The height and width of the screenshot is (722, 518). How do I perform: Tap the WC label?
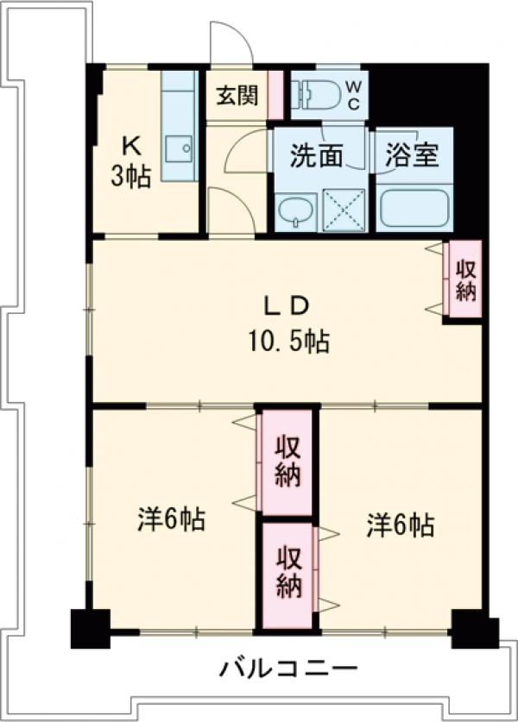pyautogui.click(x=354, y=93)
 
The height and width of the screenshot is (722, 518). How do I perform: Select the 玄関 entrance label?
pyautogui.click(x=237, y=95)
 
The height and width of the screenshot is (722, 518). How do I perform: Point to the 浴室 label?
pyautogui.click(x=412, y=156)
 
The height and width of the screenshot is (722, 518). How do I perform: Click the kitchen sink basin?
pyautogui.click(x=184, y=149)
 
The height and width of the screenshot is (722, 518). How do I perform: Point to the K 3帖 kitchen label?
pyautogui.click(x=130, y=161)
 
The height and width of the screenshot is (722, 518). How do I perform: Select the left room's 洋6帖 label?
pyautogui.click(x=171, y=520)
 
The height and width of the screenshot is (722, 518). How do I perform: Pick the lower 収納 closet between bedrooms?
pyautogui.click(x=287, y=573)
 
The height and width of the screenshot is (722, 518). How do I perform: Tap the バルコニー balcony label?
pyautogui.click(x=287, y=667)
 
